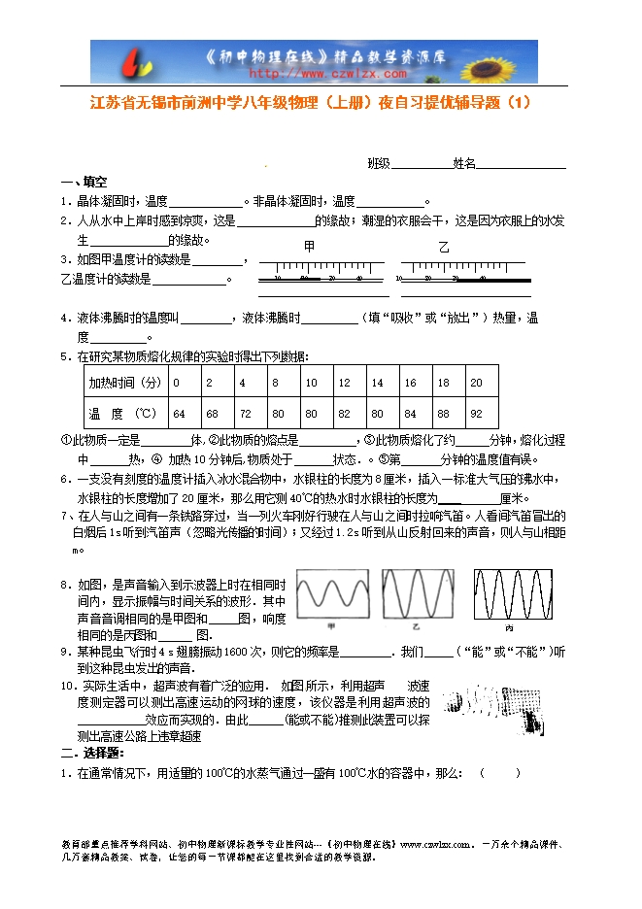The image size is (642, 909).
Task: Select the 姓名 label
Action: pos(463,163)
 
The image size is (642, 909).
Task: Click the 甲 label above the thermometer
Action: pos(309,247)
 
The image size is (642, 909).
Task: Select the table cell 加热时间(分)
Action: pos(124,383)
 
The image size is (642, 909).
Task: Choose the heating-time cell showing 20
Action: pos(476,383)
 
